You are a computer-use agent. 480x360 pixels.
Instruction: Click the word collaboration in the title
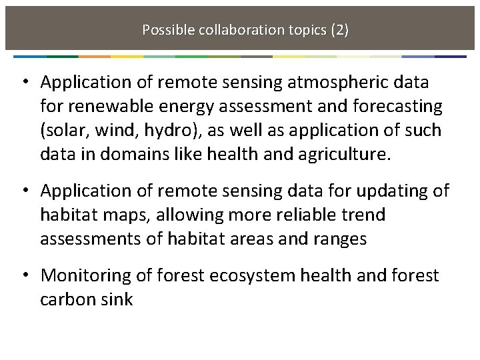click(235, 30)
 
